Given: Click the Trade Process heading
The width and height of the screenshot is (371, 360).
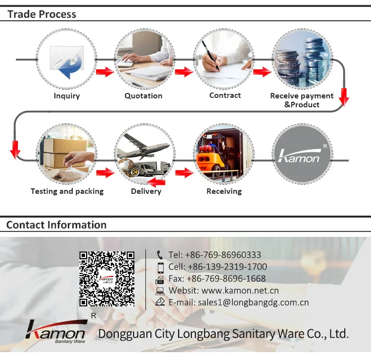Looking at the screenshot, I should [x=42, y=14].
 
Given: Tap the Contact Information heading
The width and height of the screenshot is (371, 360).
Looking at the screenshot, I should [x=56, y=225].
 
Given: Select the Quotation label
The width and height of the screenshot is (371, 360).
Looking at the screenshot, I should [x=143, y=96].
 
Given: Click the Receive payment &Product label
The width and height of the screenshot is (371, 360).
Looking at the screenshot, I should [x=302, y=100].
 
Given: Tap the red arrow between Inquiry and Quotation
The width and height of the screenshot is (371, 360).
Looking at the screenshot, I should [x=105, y=72].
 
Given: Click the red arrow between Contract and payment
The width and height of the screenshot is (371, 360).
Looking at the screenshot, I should [x=262, y=72].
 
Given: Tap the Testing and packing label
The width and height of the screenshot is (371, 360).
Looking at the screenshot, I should [x=67, y=191].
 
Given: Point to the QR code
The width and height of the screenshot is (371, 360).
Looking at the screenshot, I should [x=107, y=278].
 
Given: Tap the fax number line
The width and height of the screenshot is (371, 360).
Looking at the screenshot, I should [x=217, y=279].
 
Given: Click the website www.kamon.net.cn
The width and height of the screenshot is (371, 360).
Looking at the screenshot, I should [x=240, y=291].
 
